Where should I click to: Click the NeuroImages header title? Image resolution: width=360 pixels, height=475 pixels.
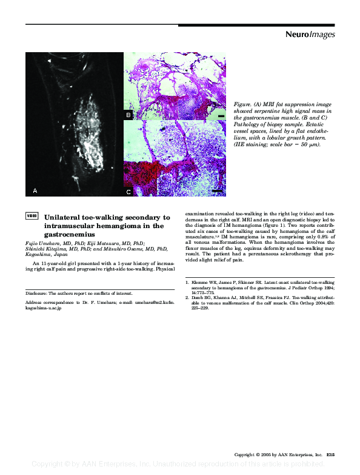click(310, 35)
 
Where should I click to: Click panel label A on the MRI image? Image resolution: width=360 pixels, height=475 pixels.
click(35, 190)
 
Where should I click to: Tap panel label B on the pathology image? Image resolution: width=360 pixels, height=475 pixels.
click(128, 115)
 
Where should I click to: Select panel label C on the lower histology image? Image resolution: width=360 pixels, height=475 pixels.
click(128, 192)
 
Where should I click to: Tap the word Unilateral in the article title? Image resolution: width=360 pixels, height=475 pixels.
click(65, 217)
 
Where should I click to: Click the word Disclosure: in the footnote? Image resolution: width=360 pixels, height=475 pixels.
click(36, 292)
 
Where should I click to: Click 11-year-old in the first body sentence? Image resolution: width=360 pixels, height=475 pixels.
click(56, 265)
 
